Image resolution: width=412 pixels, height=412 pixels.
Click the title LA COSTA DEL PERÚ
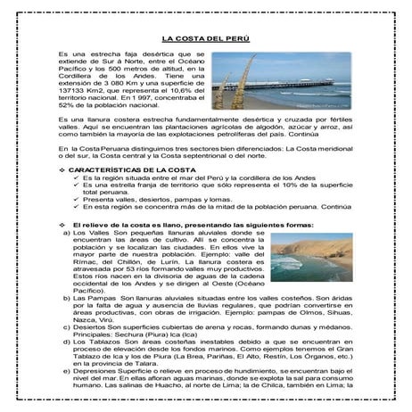coord(205,38)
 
